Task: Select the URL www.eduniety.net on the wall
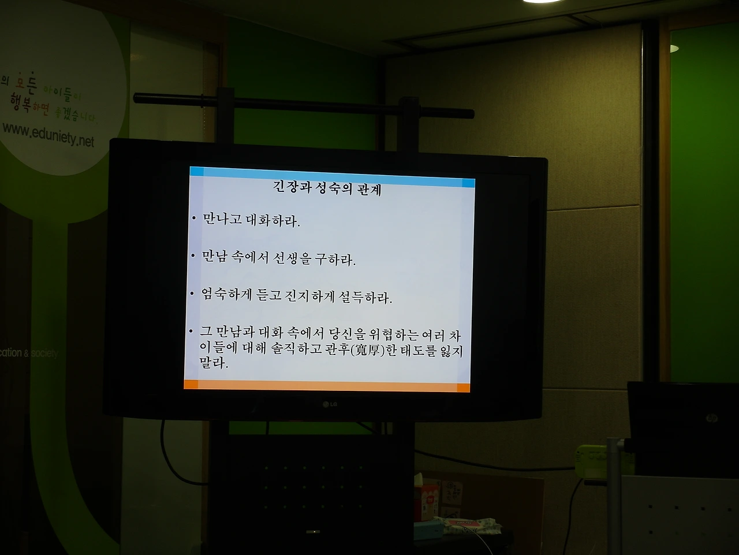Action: (48, 136)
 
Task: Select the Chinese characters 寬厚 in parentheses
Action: (367, 350)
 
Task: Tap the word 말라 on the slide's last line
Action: (213, 365)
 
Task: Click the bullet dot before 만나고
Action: (194, 219)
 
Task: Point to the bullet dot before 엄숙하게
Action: (192, 294)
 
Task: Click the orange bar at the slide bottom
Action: (327, 385)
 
